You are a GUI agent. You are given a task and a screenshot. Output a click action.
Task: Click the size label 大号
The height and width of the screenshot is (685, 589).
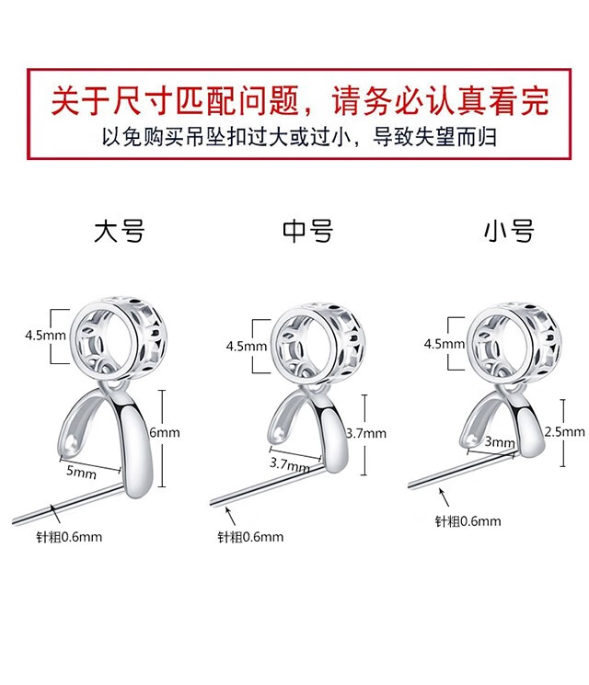point(120,231)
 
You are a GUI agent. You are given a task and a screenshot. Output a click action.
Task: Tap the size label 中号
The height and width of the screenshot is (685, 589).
point(307,231)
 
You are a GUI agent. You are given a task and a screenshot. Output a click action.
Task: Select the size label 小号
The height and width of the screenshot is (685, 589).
point(509,231)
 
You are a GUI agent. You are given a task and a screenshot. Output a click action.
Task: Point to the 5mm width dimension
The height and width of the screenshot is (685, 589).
point(81,474)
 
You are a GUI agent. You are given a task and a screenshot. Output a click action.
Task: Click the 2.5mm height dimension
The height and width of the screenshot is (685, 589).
point(564,431)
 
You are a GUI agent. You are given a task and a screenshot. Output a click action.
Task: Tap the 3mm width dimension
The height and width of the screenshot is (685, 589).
point(501,442)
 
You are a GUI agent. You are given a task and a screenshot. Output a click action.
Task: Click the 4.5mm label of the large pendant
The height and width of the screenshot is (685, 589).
point(41,336)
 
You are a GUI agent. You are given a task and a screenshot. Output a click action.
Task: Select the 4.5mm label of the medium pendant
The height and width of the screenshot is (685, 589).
point(246,347)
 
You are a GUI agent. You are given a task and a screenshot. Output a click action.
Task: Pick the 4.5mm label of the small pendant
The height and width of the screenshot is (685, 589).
point(444,343)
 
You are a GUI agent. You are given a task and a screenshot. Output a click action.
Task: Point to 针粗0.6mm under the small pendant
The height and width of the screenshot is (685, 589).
point(468,521)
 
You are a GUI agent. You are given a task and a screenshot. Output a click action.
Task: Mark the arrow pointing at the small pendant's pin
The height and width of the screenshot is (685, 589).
point(445,497)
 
